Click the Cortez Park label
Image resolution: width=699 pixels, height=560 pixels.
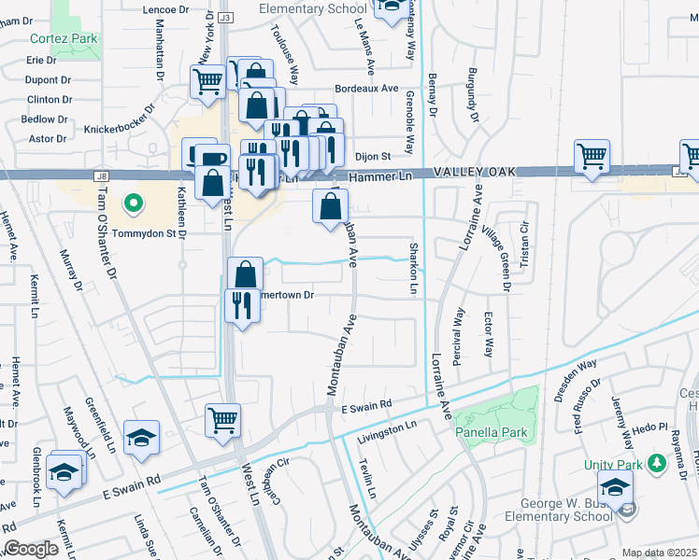(64, 39)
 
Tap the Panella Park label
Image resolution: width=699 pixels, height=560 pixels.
(492, 432)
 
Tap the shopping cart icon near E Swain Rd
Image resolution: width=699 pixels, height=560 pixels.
(223, 421)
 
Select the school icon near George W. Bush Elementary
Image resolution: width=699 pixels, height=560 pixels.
(616, 486)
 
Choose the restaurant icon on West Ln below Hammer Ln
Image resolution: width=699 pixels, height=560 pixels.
(242, 304)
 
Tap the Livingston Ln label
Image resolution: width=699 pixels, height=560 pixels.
(386, 426)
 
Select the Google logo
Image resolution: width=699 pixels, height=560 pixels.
(31, 549)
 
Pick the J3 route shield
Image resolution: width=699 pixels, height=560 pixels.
(225, 18)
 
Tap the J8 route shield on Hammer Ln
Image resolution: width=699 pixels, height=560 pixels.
(101, 175)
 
